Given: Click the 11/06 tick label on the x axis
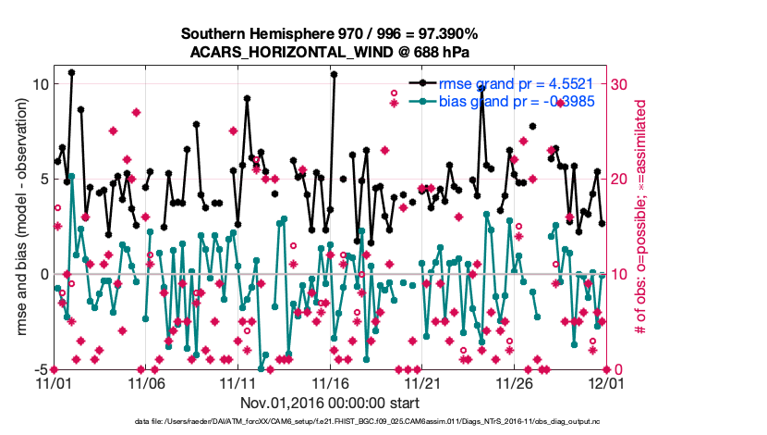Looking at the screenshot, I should pos(146,382).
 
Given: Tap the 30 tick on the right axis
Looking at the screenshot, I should pos(620,84).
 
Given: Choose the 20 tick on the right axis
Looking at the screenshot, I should pos(620,180).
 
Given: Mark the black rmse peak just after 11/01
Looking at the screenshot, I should pos(71,72).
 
